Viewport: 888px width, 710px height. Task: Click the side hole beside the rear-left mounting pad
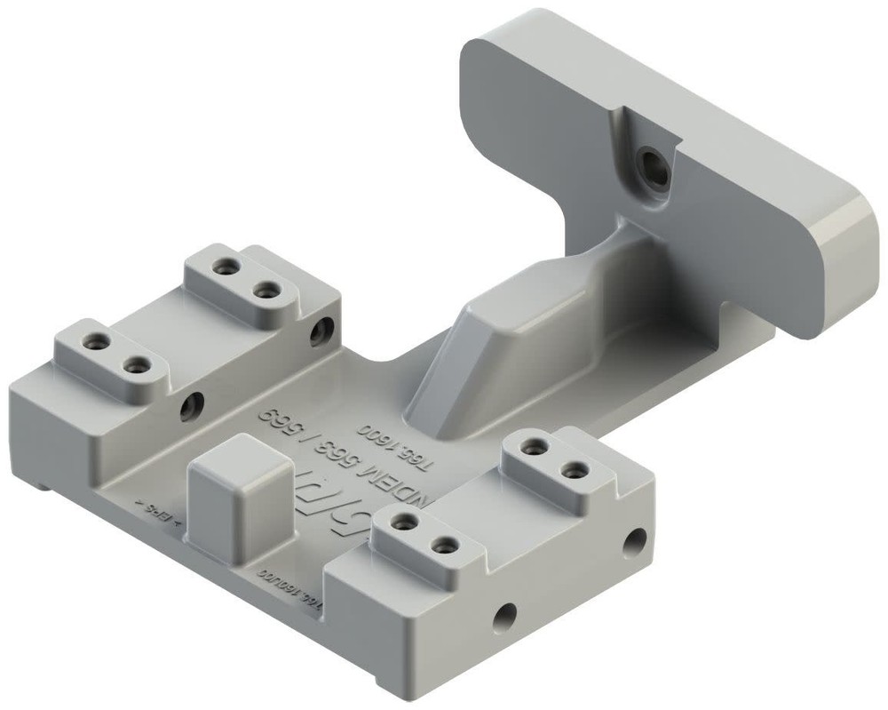tap(321, 332)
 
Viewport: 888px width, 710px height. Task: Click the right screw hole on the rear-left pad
tap(264, 290)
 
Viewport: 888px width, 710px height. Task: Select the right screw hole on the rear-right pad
tap(574, 467)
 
